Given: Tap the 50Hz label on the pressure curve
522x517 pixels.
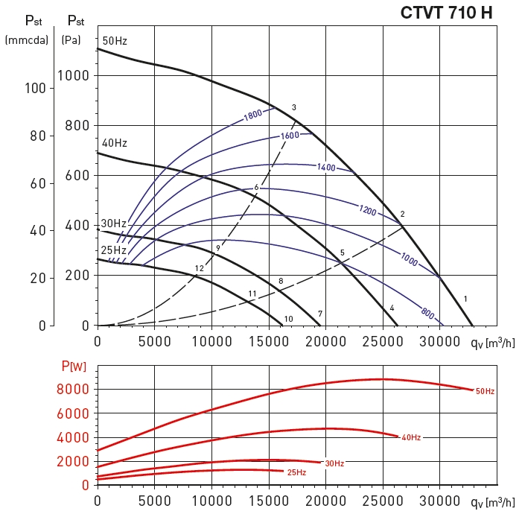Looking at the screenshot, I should pos(115,41).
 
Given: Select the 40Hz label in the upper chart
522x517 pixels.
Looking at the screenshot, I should pos(114,142).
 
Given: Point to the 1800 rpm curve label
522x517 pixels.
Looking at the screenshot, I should pos(254,115).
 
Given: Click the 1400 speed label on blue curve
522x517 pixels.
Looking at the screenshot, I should pos(326,168).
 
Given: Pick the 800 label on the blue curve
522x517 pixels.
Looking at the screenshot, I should pos(427,314).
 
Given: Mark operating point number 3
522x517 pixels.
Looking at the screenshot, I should pos(294,108).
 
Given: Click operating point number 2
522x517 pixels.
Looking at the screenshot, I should pos(402,215).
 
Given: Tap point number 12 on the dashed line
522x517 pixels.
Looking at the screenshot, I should pos(199,268).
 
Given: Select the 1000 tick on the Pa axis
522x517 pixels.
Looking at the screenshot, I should pos(73,75).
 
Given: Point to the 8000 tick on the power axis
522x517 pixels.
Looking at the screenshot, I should pos(73,389).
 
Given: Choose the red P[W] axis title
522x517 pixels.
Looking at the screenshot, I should pos(74,366).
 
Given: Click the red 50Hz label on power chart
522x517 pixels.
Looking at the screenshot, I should pos(485,390).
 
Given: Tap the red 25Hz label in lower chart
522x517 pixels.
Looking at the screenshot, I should pos(296,472).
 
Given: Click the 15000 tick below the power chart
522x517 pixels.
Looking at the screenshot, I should pos(269,500).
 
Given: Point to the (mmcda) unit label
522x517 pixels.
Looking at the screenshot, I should pos(26,39).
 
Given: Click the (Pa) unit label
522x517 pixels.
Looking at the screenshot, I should pos(71,39).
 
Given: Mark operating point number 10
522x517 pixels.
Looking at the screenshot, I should pos(288,319).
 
